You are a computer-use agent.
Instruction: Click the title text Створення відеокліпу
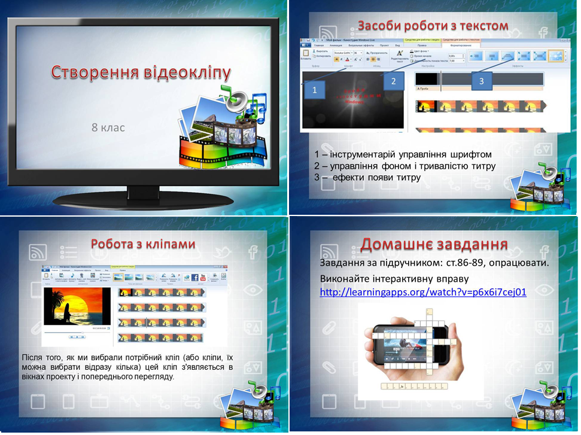click(141, 73)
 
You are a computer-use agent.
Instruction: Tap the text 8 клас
click(108, 127)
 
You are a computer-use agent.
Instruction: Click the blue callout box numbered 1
click(315, 90)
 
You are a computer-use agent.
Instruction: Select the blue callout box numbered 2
click(393, 81)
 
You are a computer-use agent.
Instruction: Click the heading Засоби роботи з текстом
click(433, 26)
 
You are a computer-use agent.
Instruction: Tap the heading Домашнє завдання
click(434, 244)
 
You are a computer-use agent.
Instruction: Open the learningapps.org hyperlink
click(423, 293)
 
